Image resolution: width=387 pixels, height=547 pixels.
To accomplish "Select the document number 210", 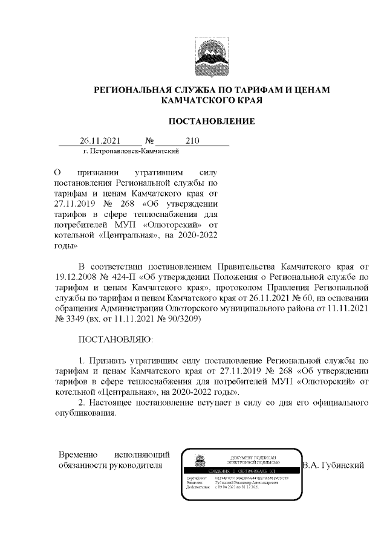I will (x=192, y=141).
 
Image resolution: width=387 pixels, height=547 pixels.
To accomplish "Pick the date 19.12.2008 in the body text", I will (x=78, y=277).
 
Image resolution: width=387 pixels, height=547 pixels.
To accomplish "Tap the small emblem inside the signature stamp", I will (x=199, y=461).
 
